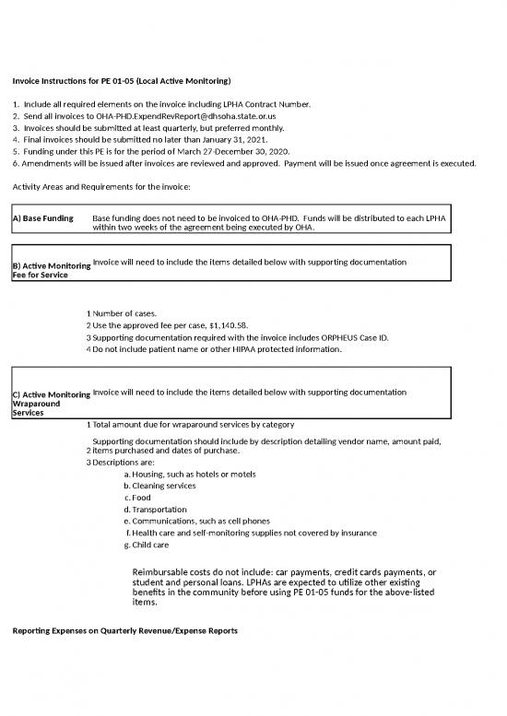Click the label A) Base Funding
(x=43, y=219)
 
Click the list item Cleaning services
(x=163, y=486)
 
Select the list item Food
(x=142, y=498)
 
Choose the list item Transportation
(x=159, y=510)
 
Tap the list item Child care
(x=150, y=546)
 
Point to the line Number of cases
(x=124, y=314)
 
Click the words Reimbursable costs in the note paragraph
(x=171, y=572)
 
